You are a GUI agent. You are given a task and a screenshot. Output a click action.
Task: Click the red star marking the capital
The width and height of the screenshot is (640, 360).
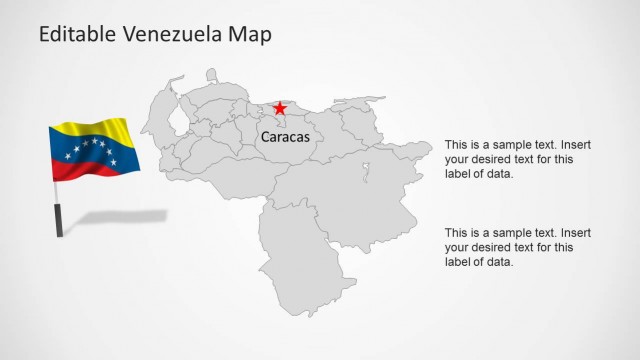[x=280, y=108]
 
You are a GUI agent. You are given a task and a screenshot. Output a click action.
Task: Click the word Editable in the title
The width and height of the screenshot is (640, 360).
[x=78, y=35]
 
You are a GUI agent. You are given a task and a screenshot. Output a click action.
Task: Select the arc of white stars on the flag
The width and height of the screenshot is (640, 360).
[x=87, y=149]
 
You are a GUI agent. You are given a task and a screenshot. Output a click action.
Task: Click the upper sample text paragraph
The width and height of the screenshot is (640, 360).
[x=510, y=159]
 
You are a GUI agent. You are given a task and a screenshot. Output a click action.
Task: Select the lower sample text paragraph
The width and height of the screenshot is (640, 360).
[x=510, y=247]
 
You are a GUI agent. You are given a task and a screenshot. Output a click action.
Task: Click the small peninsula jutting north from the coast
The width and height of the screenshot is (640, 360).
[x=212, y=76]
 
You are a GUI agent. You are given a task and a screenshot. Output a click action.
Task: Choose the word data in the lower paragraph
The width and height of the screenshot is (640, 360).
[x=499, y=262]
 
